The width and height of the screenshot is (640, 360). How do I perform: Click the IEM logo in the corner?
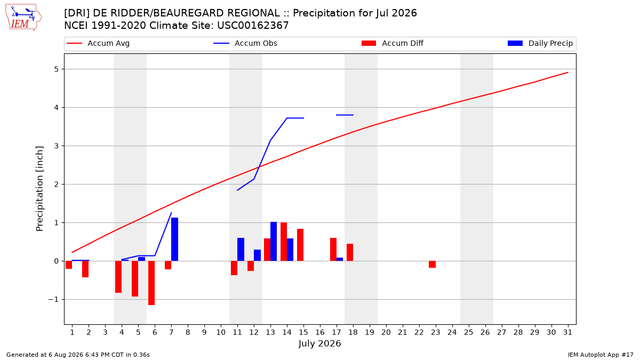23,18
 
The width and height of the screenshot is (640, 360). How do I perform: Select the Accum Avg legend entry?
98,43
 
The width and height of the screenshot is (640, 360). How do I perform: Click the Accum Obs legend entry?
245,43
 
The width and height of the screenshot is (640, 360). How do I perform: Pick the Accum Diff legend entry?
393,43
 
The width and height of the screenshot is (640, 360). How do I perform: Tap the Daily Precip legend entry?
540,43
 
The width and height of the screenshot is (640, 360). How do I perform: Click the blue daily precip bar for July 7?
174,239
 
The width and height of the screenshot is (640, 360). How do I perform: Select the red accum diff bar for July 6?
151,283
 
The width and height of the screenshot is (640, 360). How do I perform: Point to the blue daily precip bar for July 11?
241,250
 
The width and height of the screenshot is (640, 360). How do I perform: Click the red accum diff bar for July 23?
433,265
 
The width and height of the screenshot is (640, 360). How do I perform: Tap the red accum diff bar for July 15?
300,245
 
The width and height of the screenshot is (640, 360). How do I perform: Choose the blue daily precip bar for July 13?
274,242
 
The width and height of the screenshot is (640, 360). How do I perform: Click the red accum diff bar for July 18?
350,252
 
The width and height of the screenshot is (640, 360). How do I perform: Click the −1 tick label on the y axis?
53,299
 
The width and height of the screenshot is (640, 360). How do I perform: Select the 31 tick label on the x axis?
567,332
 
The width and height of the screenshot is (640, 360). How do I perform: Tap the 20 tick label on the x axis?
386,332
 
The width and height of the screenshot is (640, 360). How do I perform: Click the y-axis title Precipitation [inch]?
39,189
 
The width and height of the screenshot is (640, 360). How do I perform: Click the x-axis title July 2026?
319,343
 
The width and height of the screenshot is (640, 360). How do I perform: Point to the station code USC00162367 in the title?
253,26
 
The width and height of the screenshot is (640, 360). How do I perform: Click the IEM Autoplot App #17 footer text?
601,355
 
